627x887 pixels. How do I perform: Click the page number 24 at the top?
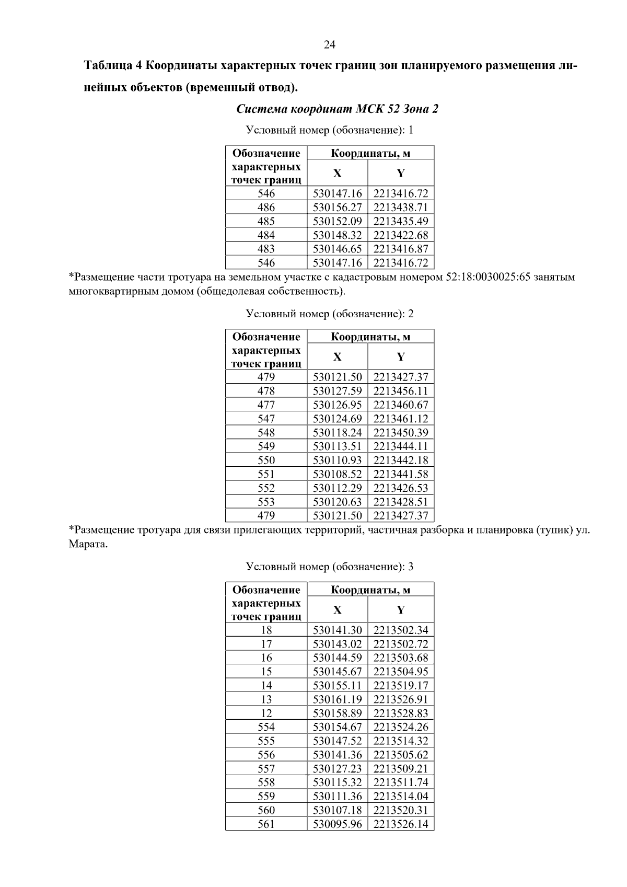330,45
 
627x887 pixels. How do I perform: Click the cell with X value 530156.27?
337,208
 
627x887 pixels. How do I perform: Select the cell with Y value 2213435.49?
401,221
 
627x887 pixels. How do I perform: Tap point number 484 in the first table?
266,235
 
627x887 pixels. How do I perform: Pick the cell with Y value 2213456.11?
401,391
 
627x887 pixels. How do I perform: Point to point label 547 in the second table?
266,419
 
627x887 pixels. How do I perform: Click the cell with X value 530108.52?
337,474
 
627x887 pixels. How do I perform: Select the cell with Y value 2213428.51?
401,502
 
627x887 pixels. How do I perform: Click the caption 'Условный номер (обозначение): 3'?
330,567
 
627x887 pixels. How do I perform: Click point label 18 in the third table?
266,630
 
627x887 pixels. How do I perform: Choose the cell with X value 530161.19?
337,699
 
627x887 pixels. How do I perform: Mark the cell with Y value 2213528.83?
401,713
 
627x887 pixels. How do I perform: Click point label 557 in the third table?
266,769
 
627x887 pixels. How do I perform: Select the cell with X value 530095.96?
337,824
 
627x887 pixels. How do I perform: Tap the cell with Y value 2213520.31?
401,810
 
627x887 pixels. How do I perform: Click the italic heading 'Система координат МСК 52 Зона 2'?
337,109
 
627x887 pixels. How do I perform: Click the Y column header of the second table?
401,357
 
